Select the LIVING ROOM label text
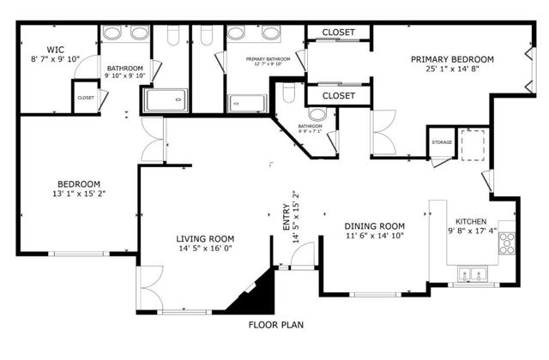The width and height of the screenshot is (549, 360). [x=205, y=239]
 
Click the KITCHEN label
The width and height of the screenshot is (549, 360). [x=473, y=220]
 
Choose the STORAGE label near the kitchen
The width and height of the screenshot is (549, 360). [x=442, y=142]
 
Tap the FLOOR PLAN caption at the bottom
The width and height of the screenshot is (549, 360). [x=276, y=325]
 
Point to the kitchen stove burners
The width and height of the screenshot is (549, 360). [x=506, y=243]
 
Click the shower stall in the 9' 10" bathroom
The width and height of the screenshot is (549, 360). [x=166, y=101]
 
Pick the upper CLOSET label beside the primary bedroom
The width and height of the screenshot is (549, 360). [x=338, y=33]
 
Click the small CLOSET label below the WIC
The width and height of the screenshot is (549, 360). [x=86, y=98]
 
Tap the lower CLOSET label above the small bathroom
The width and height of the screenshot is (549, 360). [x=338, y=95]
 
